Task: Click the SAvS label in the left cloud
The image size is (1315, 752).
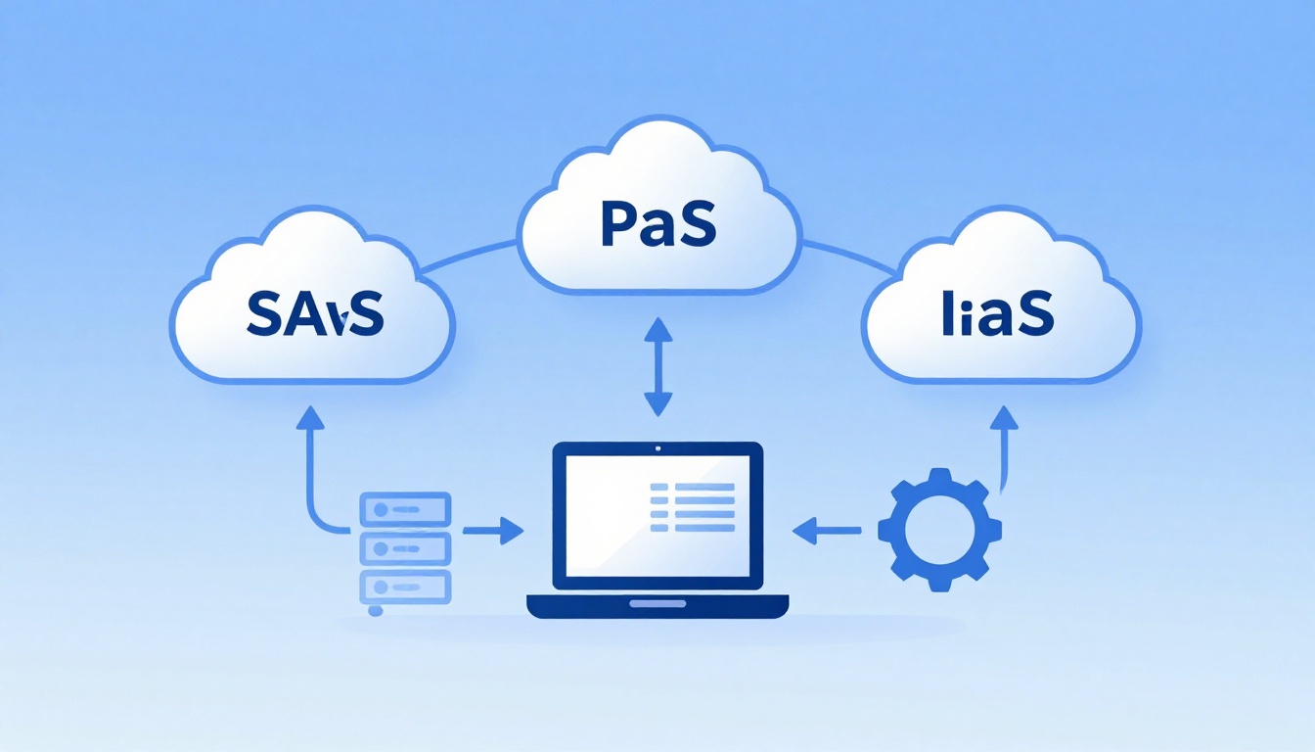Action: [x=314, y=313]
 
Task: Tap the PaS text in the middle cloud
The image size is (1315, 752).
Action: [x=657, y=224]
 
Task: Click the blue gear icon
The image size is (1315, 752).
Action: [x=939, y=530]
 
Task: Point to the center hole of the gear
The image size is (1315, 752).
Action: [x=939, y=530]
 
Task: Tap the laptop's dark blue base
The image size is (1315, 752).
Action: [x=657, y=606]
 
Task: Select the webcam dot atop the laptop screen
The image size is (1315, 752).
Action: [x=657, y=449]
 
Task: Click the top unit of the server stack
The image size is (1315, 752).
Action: [x=405, y=509]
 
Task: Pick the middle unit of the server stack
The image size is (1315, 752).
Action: [x=405, y=546]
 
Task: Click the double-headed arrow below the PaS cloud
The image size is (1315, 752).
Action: [x=657, y=367]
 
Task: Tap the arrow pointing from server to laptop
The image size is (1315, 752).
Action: [x=493, y=531]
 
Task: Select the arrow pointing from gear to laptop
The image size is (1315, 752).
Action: [x=827, y=531]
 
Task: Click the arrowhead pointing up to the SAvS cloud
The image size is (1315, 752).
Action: [x=310, y=416]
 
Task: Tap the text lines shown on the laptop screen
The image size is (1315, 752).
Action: [x=693, y=507]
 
